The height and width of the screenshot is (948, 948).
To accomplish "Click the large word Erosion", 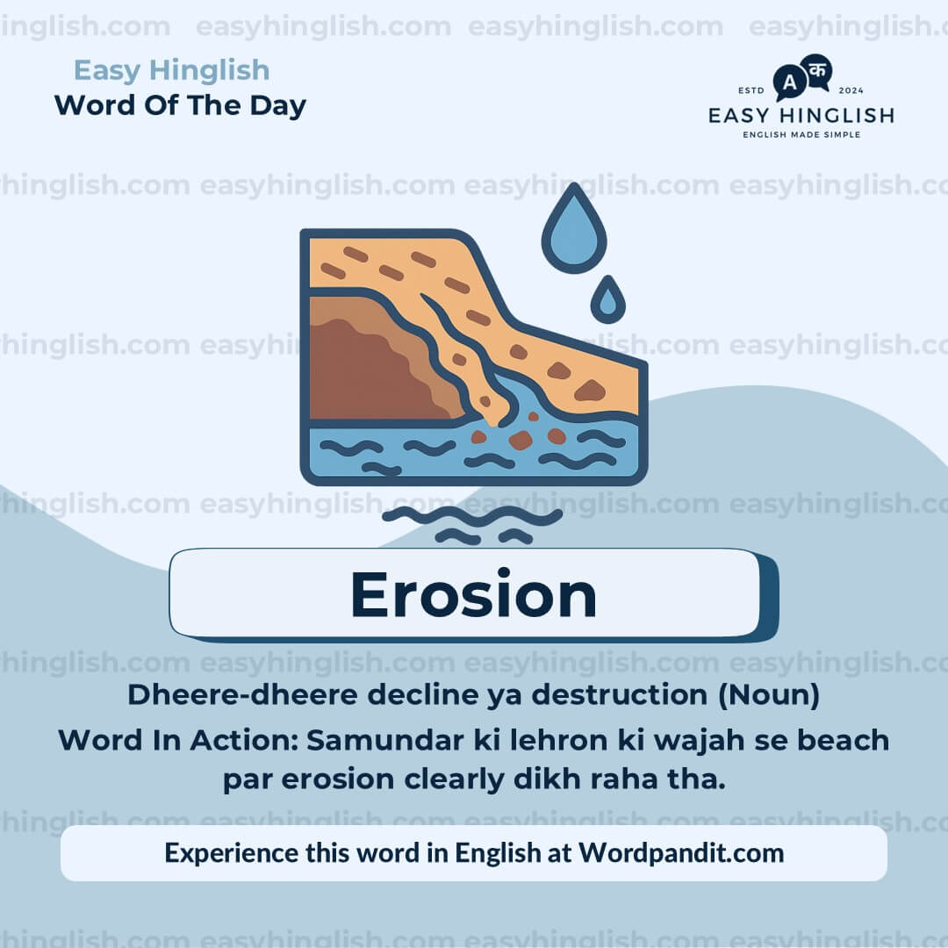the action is [473, 595].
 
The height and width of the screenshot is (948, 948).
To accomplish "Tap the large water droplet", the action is [574, 231].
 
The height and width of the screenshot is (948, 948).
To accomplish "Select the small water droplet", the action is [607, 300].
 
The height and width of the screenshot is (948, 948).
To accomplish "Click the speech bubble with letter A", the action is [790, 83].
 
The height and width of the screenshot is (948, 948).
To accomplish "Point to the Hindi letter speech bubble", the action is [817, 72].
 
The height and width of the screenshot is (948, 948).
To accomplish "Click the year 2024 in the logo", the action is [851, 90].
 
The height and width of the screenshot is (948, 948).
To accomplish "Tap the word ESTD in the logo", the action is [751, 90].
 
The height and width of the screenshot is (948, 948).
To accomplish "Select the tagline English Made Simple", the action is [801, 135].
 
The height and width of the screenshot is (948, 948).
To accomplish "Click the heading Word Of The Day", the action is [180, 106].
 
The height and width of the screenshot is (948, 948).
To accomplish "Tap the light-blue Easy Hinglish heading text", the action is [172, 71].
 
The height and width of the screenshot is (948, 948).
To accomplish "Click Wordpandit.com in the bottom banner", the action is [681, 853].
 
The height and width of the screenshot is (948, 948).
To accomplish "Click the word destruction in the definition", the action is [620, 694].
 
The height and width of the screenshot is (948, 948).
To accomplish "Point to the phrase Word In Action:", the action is [178, 740].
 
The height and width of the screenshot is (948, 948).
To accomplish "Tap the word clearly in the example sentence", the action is [454, 779].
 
